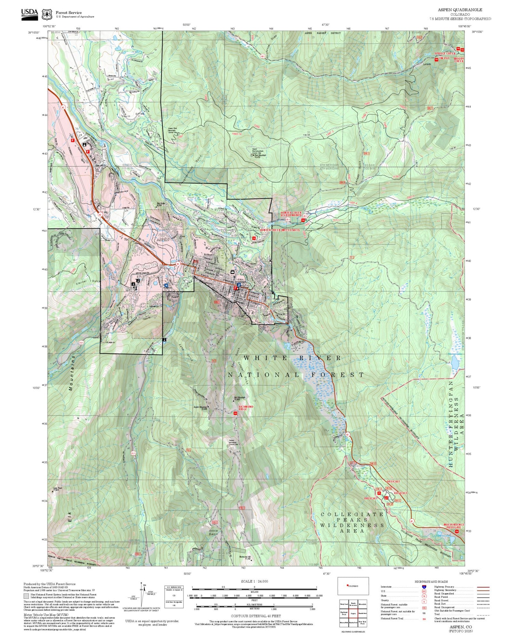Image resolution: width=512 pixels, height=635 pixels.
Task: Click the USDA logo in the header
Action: [x=29, y=14]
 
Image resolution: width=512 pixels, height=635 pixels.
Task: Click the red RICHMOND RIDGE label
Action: [x=246, y=408]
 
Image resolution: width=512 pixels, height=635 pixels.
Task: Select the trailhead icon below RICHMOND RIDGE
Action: [x=235, y=414]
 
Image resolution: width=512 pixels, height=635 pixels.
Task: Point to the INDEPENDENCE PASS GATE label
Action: [x=454, y=526]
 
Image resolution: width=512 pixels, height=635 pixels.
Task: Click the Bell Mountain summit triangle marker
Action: [x=233, y=401]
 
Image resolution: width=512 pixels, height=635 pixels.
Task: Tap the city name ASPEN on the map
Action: [x=162, y=240]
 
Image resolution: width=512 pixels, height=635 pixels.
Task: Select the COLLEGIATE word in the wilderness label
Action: [x=352, y=514]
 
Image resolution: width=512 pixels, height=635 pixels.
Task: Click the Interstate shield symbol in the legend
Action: [x=424, y=587]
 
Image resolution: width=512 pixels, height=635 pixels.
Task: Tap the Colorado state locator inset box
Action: [x=353, y=586]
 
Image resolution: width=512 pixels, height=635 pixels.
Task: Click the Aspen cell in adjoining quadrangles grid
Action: [x=353, y=613]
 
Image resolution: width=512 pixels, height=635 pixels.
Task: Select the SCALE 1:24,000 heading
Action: [x=254, y=581]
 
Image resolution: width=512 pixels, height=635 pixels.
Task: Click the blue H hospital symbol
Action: [x=166, y=286]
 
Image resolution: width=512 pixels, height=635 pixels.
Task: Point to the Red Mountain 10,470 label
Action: [x=260, y=156]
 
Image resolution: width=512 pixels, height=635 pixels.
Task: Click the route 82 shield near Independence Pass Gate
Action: [x=412, y=521]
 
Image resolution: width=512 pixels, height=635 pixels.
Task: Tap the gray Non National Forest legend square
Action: [x=26, y=596]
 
